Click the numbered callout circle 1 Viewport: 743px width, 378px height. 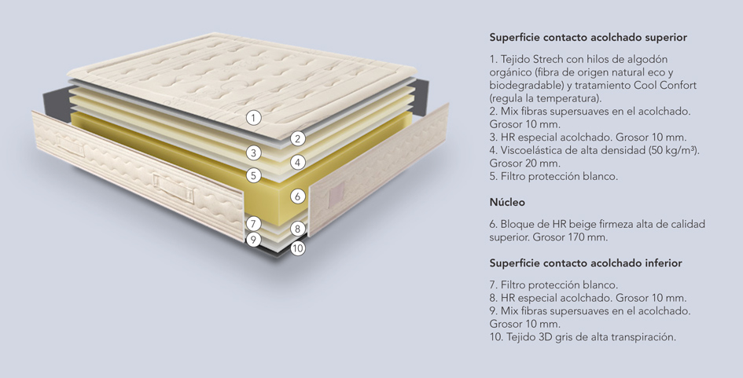(254, 117)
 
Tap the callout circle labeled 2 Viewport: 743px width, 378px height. (297, 139)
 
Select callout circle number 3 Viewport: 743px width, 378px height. (254, 153)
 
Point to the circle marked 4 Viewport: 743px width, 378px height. (297, 163)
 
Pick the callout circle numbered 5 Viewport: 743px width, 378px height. (254, 176)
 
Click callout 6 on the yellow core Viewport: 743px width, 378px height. (297, 196)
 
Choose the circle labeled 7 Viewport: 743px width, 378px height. (254, 224)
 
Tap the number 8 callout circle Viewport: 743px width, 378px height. (297, 229)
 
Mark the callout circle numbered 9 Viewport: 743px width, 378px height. (254, 239)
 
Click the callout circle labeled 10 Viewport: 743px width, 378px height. (297, 248)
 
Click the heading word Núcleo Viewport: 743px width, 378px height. (507, 202)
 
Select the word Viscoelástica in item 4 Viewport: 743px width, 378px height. (532, 150)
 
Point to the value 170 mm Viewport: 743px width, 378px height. (587, 237)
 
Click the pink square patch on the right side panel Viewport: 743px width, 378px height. (336, 193)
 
